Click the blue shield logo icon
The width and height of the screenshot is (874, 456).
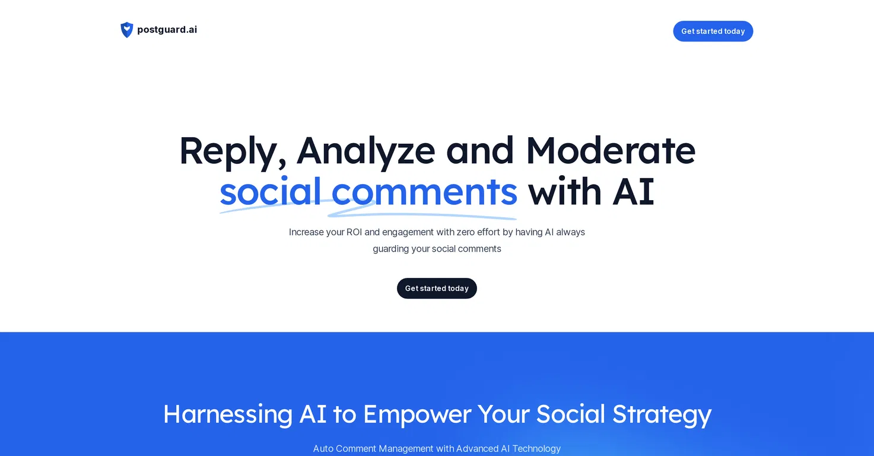[x=127, y=30]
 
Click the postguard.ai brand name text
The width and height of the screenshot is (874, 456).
[x=167, y=30]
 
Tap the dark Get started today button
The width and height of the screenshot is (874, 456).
[x=437, y=288]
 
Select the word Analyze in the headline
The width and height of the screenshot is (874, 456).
[x=366, y=151]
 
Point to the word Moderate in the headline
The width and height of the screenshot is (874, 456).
[x=611, y=151]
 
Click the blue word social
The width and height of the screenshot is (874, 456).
[x=270, y=191]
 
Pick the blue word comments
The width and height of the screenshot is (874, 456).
[x=424, y=192]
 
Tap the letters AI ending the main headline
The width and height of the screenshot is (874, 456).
[x=633, y=192]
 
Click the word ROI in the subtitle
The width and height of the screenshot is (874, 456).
[x=354, y=232]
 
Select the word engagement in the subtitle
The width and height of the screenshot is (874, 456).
[x=408, y=233]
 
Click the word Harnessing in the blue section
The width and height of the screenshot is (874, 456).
[x=227, y=414]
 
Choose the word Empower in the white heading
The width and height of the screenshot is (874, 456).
[x=417, y=414]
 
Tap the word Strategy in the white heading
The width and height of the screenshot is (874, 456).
[x=662, y=414]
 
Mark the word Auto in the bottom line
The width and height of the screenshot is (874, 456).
[x=323, y=449]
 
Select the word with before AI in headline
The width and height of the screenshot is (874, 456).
[x=565, y=192]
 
